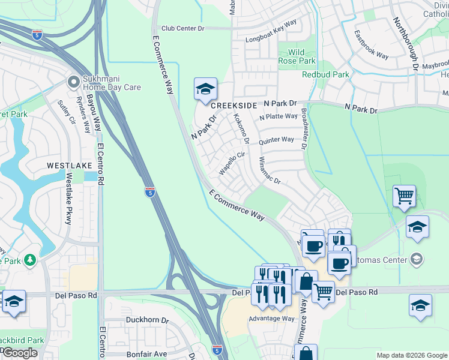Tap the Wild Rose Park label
click(297, 56)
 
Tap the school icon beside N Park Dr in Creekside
click(205, 90)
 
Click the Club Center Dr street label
click(183, 28)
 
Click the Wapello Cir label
click(232, 163)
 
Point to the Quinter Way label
click(276, 140)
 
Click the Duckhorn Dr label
click(147, 320)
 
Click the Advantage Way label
click(272, 318)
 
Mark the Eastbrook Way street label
click(371, 44)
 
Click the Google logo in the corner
click(19, 353)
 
